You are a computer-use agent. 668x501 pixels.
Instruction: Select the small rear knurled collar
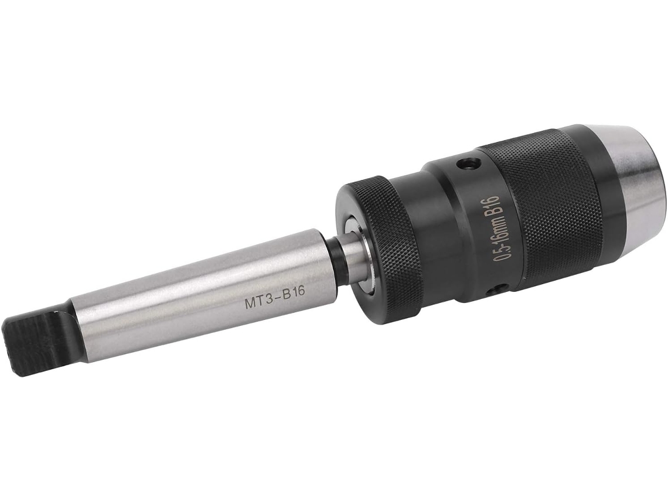379,252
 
